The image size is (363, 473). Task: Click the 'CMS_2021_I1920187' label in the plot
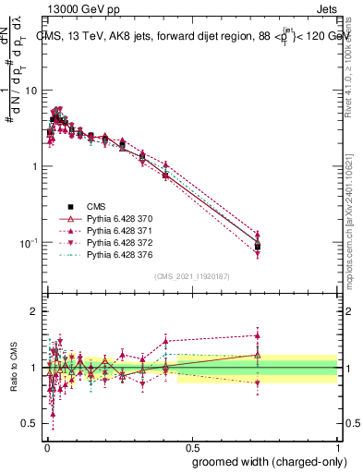[x=192, y=275]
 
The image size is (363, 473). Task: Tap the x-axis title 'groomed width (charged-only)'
[x=264, y=461]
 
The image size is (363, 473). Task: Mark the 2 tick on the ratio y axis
[x=34, y=311]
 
